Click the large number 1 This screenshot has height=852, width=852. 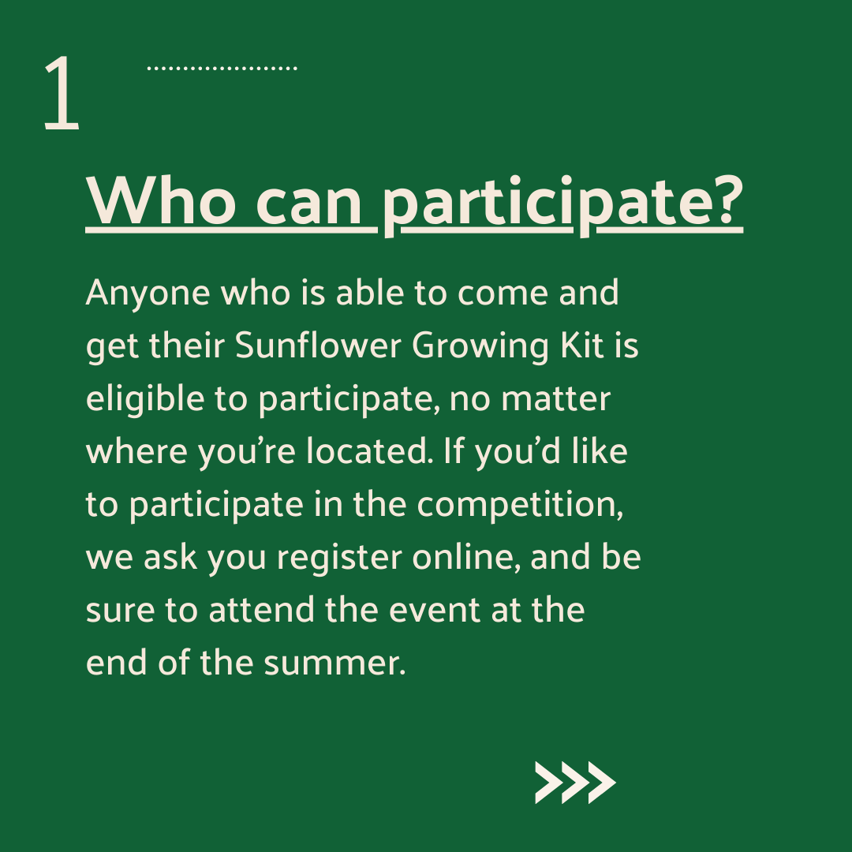click(62, 92)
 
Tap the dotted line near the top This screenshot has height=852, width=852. click(222, 69)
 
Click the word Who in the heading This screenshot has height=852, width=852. click(162, 201)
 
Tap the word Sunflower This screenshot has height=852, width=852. click(318, 345)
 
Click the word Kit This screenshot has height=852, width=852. click(582, 345)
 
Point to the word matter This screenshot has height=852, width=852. click(555, 399)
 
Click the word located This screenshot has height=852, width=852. click(369, 451)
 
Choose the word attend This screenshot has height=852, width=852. click(261, 610)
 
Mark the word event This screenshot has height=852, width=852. click(435, 611)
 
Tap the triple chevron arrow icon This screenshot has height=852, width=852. click(575, 783)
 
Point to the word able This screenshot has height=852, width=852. click(370, 293)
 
